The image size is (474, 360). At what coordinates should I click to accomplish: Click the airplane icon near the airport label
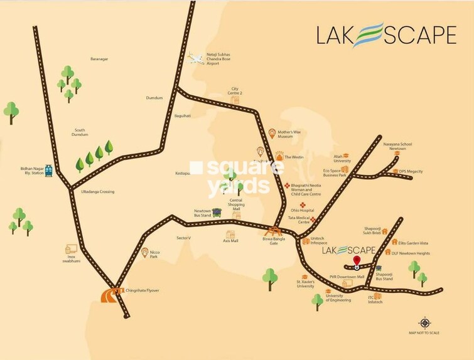click(x=196, y=60)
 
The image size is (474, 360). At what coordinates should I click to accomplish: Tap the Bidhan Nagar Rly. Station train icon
click(x=49, y=170)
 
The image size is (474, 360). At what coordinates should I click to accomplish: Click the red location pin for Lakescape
click(x=357, y=262)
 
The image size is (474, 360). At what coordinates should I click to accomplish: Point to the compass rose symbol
click(x=424, y=323)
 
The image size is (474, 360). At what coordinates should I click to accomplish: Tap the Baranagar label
click(x=99, y=59)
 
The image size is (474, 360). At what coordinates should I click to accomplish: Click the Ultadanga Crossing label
click(x=94, y=191)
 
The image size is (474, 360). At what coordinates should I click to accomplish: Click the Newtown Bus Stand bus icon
click(x=217, y=212)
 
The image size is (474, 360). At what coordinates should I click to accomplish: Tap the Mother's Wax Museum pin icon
click(x=272, y=133)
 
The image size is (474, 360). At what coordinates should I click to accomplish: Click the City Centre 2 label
click(x=236, y=91)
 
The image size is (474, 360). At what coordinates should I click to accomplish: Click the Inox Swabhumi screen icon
click(x=72, y=250)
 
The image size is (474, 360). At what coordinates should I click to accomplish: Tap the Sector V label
click(x=183, y=238)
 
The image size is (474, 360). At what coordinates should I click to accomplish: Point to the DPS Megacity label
click(x=411, y=171)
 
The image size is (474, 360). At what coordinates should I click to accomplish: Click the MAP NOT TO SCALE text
click(x=424, y=333)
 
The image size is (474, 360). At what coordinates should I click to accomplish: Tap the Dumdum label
click(x=154, y=98)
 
